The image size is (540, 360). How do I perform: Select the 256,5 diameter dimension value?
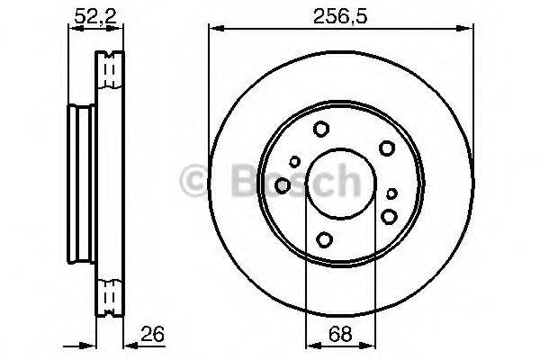[x=340, y=14]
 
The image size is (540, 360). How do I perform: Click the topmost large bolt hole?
[x=321, y=130]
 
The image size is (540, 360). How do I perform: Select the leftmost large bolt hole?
[x=283, y=184]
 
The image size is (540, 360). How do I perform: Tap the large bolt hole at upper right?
[x=387, y=148]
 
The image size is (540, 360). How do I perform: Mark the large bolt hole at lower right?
[x=389, y=215]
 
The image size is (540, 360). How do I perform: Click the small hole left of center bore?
[x=294, y=162]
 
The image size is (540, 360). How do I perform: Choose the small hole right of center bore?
[x=391, y=193]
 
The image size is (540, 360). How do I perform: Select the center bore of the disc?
[x=340, y=184]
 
